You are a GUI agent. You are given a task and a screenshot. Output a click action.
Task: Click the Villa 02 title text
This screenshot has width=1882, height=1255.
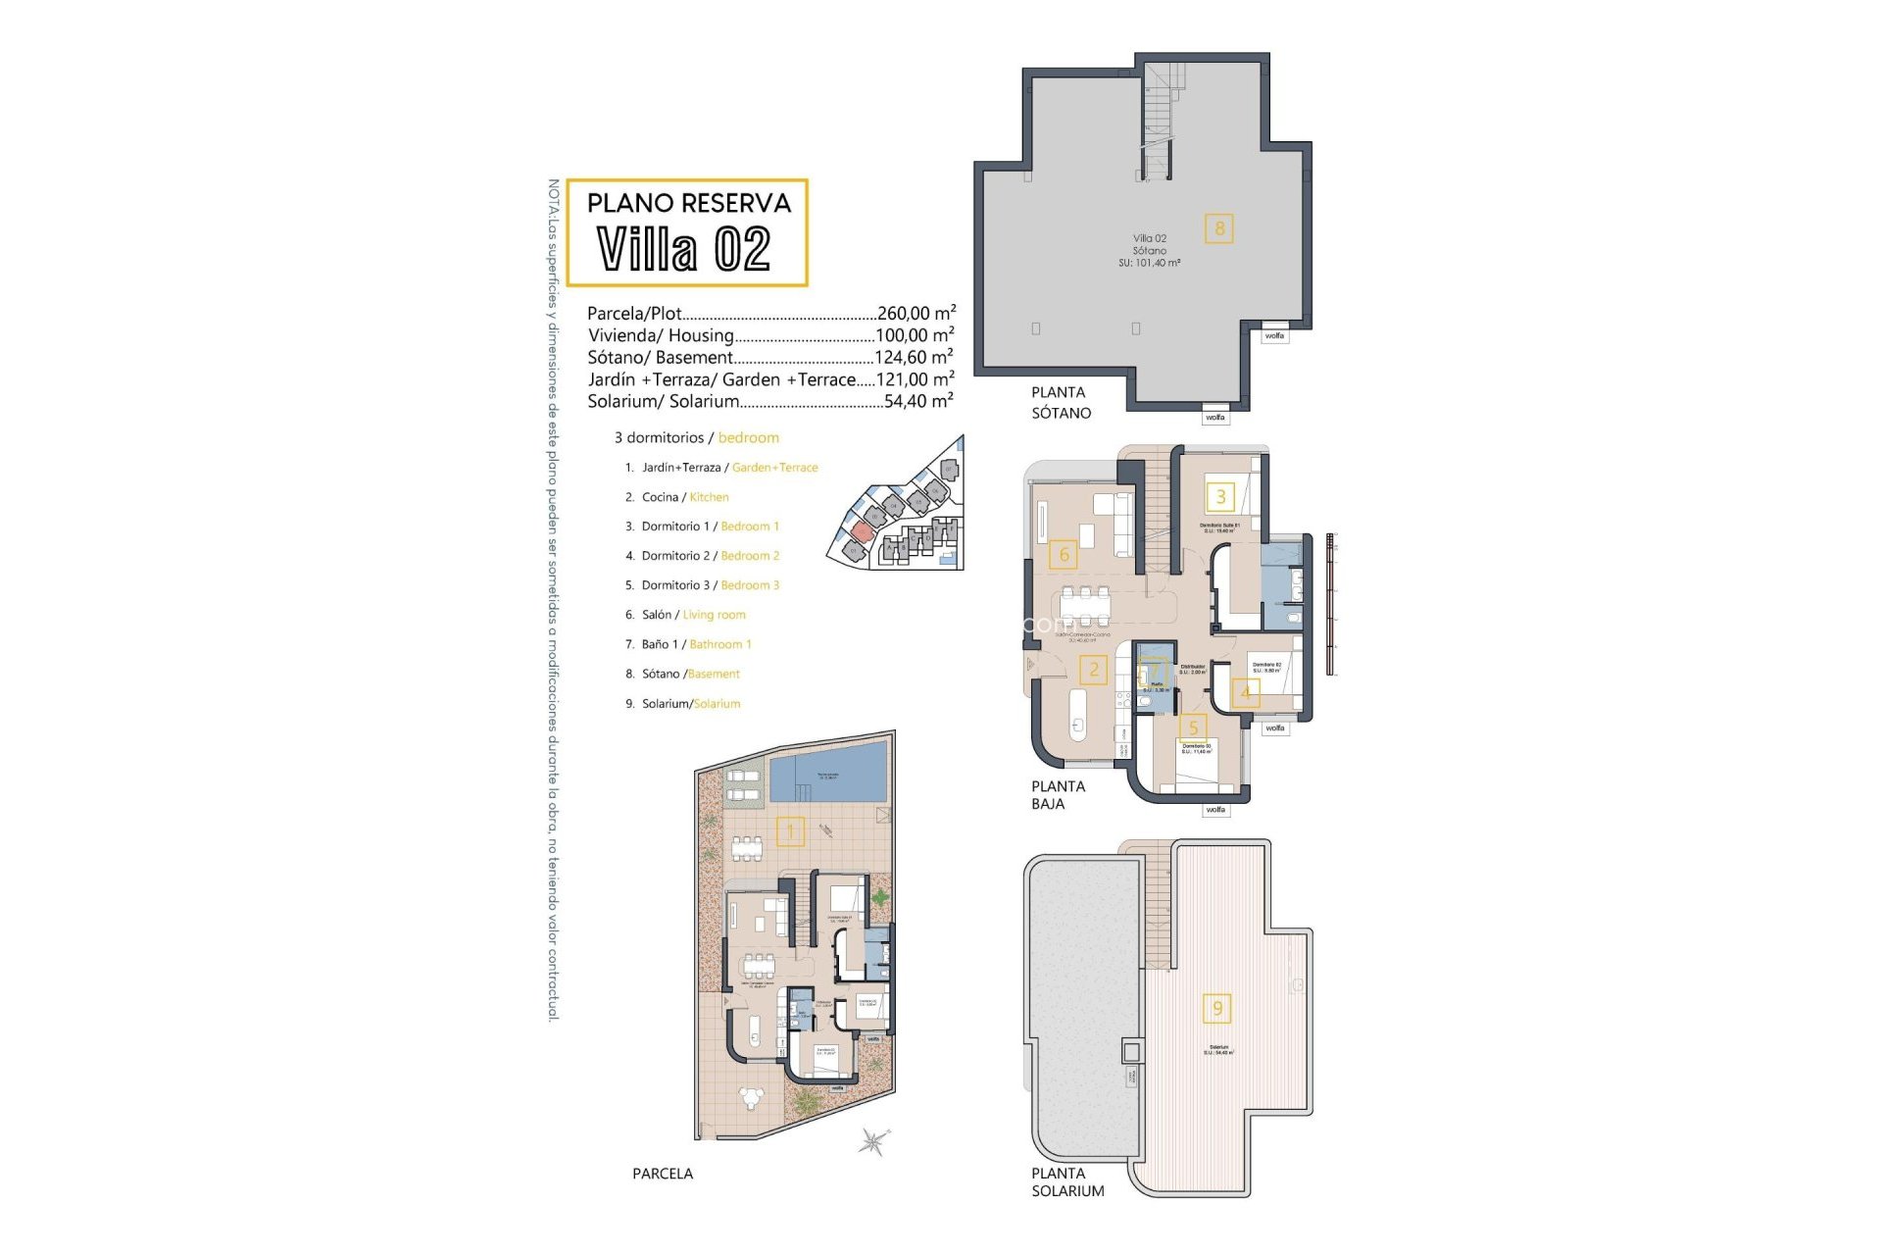684,249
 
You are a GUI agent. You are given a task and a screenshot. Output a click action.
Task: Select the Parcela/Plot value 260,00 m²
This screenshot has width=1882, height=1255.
916,314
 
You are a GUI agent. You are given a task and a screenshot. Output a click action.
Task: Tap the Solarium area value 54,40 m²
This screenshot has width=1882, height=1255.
917,401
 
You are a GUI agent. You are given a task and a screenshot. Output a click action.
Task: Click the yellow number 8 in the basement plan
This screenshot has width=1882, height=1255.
1219,229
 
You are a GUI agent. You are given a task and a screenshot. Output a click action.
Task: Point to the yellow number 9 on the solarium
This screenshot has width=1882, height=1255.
1217,1008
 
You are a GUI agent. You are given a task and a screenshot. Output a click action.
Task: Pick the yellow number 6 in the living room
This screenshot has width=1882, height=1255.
1065,555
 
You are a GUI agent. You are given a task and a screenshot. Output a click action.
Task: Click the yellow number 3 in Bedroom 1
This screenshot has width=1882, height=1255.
1220,496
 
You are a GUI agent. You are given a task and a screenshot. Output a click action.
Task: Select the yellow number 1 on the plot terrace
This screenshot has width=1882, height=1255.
790,832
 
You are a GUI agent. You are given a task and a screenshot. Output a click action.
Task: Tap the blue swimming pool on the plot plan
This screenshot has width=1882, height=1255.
828,771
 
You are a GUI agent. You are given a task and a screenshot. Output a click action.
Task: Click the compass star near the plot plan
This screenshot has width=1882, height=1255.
872,1142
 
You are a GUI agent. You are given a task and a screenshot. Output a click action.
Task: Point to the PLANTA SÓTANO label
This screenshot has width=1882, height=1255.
1060,403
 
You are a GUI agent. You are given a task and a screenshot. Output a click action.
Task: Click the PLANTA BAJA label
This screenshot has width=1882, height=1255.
1058,794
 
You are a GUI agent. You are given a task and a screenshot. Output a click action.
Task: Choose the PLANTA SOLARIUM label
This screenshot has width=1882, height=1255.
1066,1181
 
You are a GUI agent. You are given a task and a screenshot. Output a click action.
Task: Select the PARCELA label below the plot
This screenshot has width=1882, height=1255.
663,1174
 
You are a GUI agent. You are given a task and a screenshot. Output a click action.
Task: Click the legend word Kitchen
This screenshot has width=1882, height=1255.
709,497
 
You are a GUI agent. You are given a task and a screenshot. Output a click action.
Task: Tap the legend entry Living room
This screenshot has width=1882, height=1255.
714,615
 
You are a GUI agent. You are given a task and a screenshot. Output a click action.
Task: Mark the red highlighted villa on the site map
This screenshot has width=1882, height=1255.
861,530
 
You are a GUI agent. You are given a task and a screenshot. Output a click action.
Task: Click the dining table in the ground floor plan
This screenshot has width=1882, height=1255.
1085,605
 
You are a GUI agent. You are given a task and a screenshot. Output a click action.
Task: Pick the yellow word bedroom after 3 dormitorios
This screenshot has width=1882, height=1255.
748,437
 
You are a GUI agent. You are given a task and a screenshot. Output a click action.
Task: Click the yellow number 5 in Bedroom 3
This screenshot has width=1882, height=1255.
1193,728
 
